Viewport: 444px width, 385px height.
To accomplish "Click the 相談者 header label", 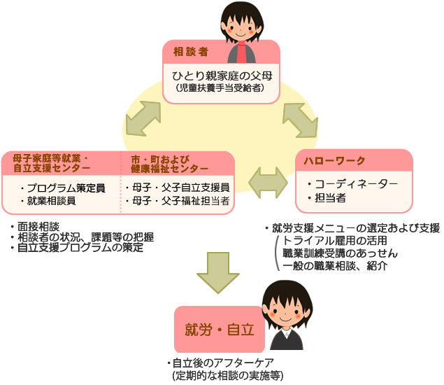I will tap(189, 51).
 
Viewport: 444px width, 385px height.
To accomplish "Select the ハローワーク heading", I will tap(334, 161).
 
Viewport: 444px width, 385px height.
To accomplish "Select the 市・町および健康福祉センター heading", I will tap(169, 163).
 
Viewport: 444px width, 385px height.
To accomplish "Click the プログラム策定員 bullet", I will tap(62, 188).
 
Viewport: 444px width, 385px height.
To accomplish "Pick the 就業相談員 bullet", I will tap(52, 201).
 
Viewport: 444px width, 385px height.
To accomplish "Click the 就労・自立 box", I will tap(219, 330).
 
